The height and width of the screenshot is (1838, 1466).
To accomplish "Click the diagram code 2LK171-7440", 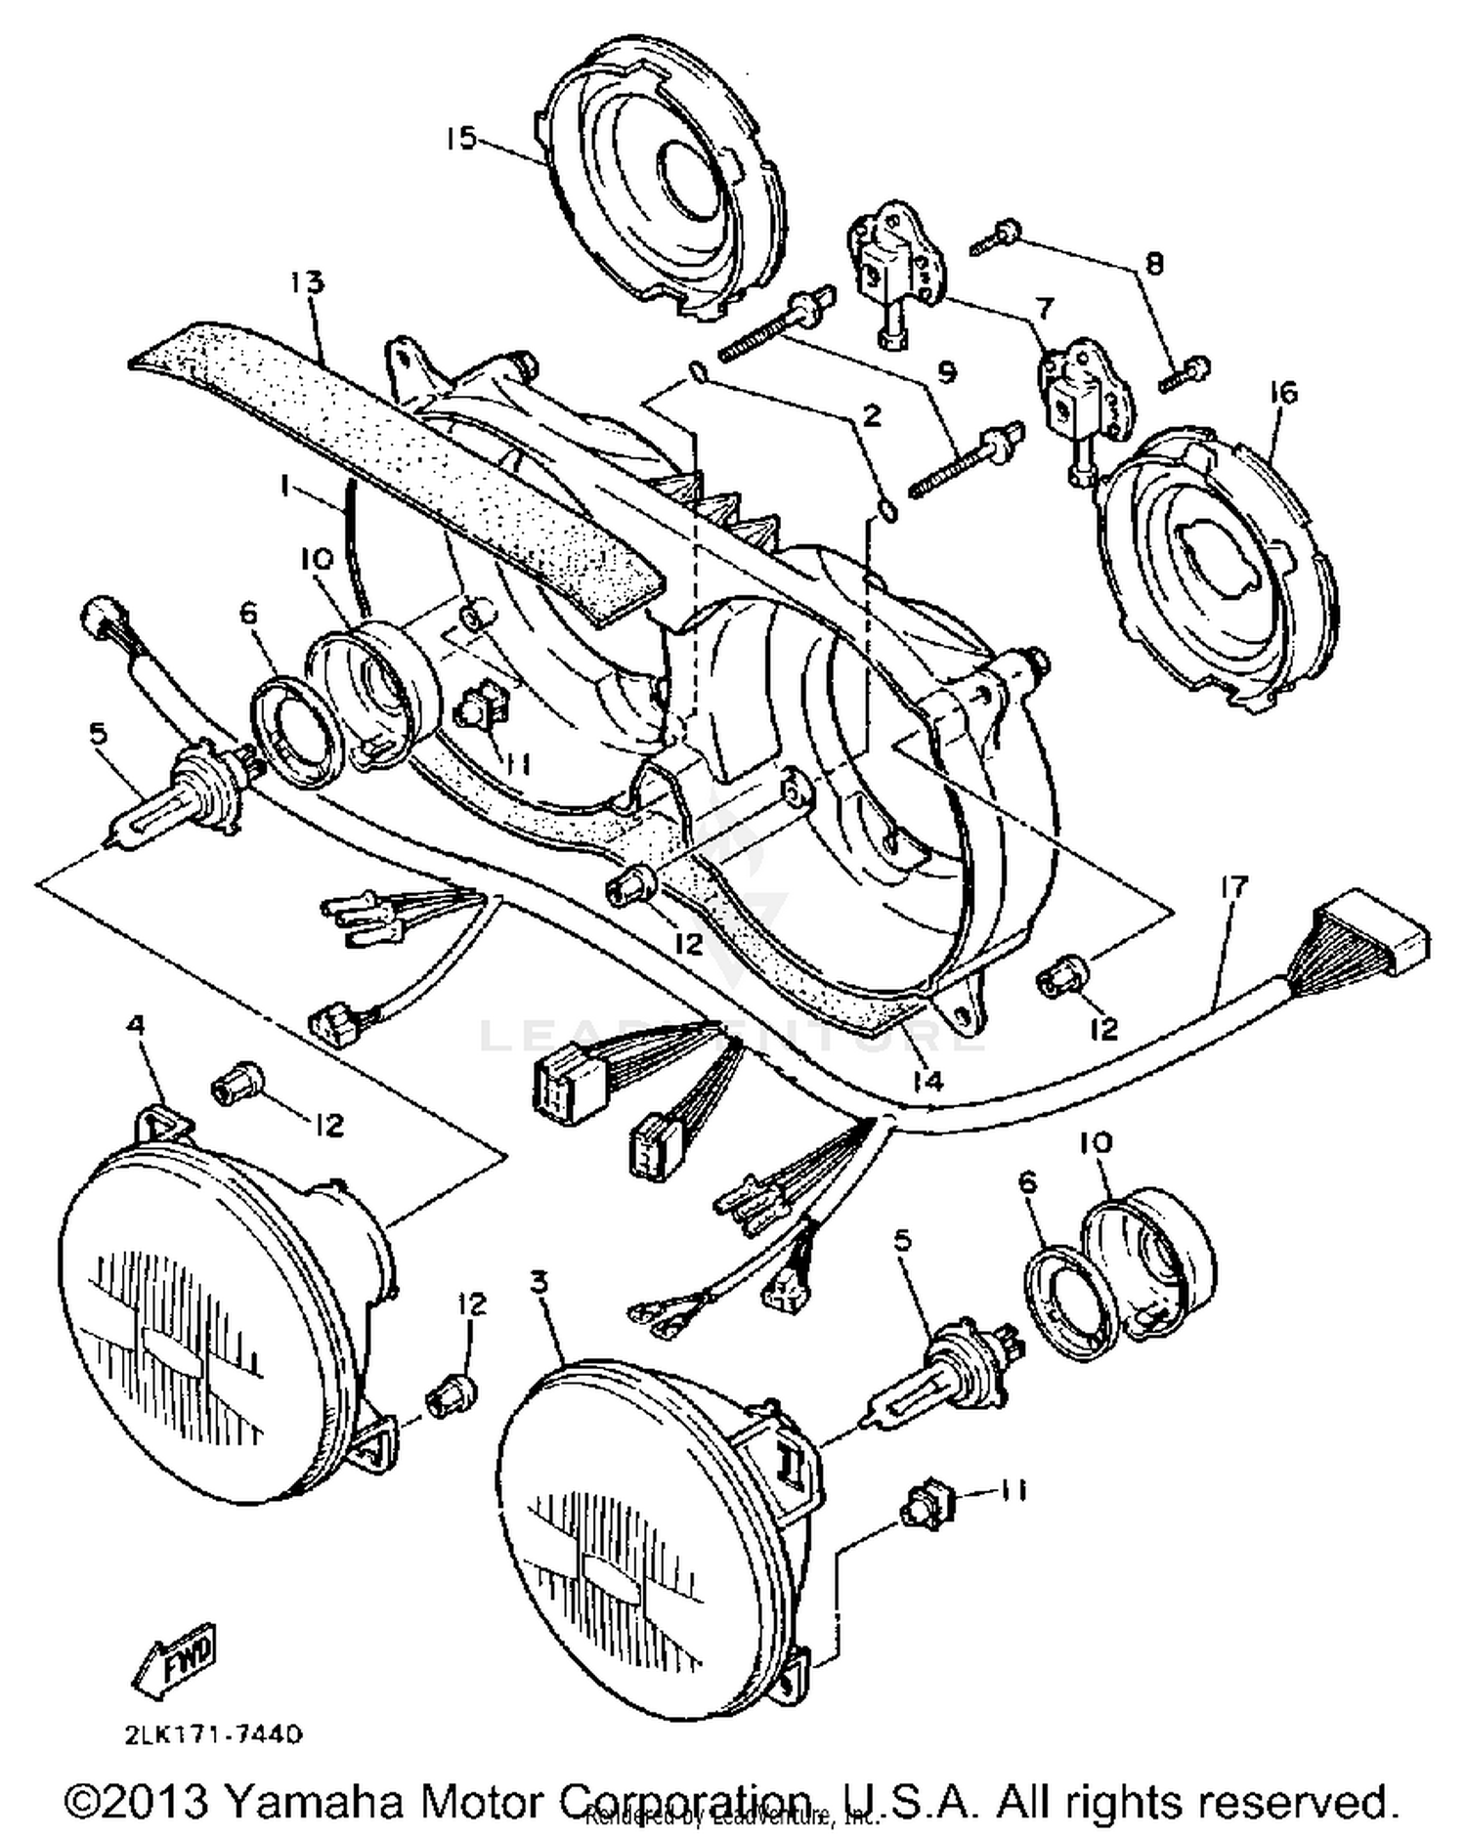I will point(213,1735).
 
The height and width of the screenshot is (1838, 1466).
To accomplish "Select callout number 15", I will point(459,139).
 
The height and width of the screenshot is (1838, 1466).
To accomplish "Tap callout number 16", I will point(1283,394).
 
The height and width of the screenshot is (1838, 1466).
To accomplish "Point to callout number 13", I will point(305,283).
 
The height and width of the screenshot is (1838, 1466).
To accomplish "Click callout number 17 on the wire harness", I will point(1234,887).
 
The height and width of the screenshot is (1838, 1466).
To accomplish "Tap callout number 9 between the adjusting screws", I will point(947,372).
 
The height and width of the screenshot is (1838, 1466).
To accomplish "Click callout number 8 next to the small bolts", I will point(1154,264).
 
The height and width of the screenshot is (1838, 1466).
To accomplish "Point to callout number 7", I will point(1045,309).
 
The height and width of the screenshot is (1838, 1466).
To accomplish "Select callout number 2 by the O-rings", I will point(871,414).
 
